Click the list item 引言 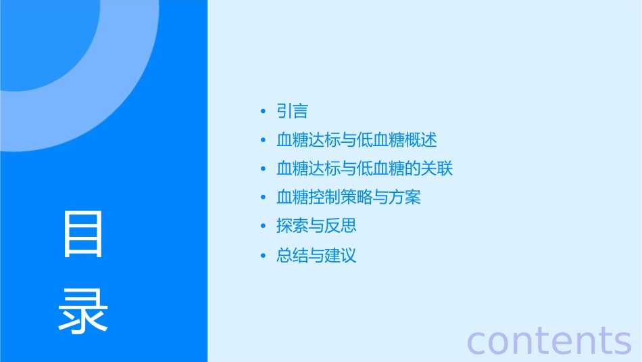292,111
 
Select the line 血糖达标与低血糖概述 357,140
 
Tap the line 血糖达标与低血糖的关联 364,169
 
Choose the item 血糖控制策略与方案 349,198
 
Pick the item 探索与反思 316,226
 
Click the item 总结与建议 316,256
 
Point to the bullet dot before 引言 262,112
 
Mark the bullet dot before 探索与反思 262,227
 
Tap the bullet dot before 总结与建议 262,256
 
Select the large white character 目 83,235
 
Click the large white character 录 83,311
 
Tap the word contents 549,340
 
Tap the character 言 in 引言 300,111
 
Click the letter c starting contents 477,342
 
